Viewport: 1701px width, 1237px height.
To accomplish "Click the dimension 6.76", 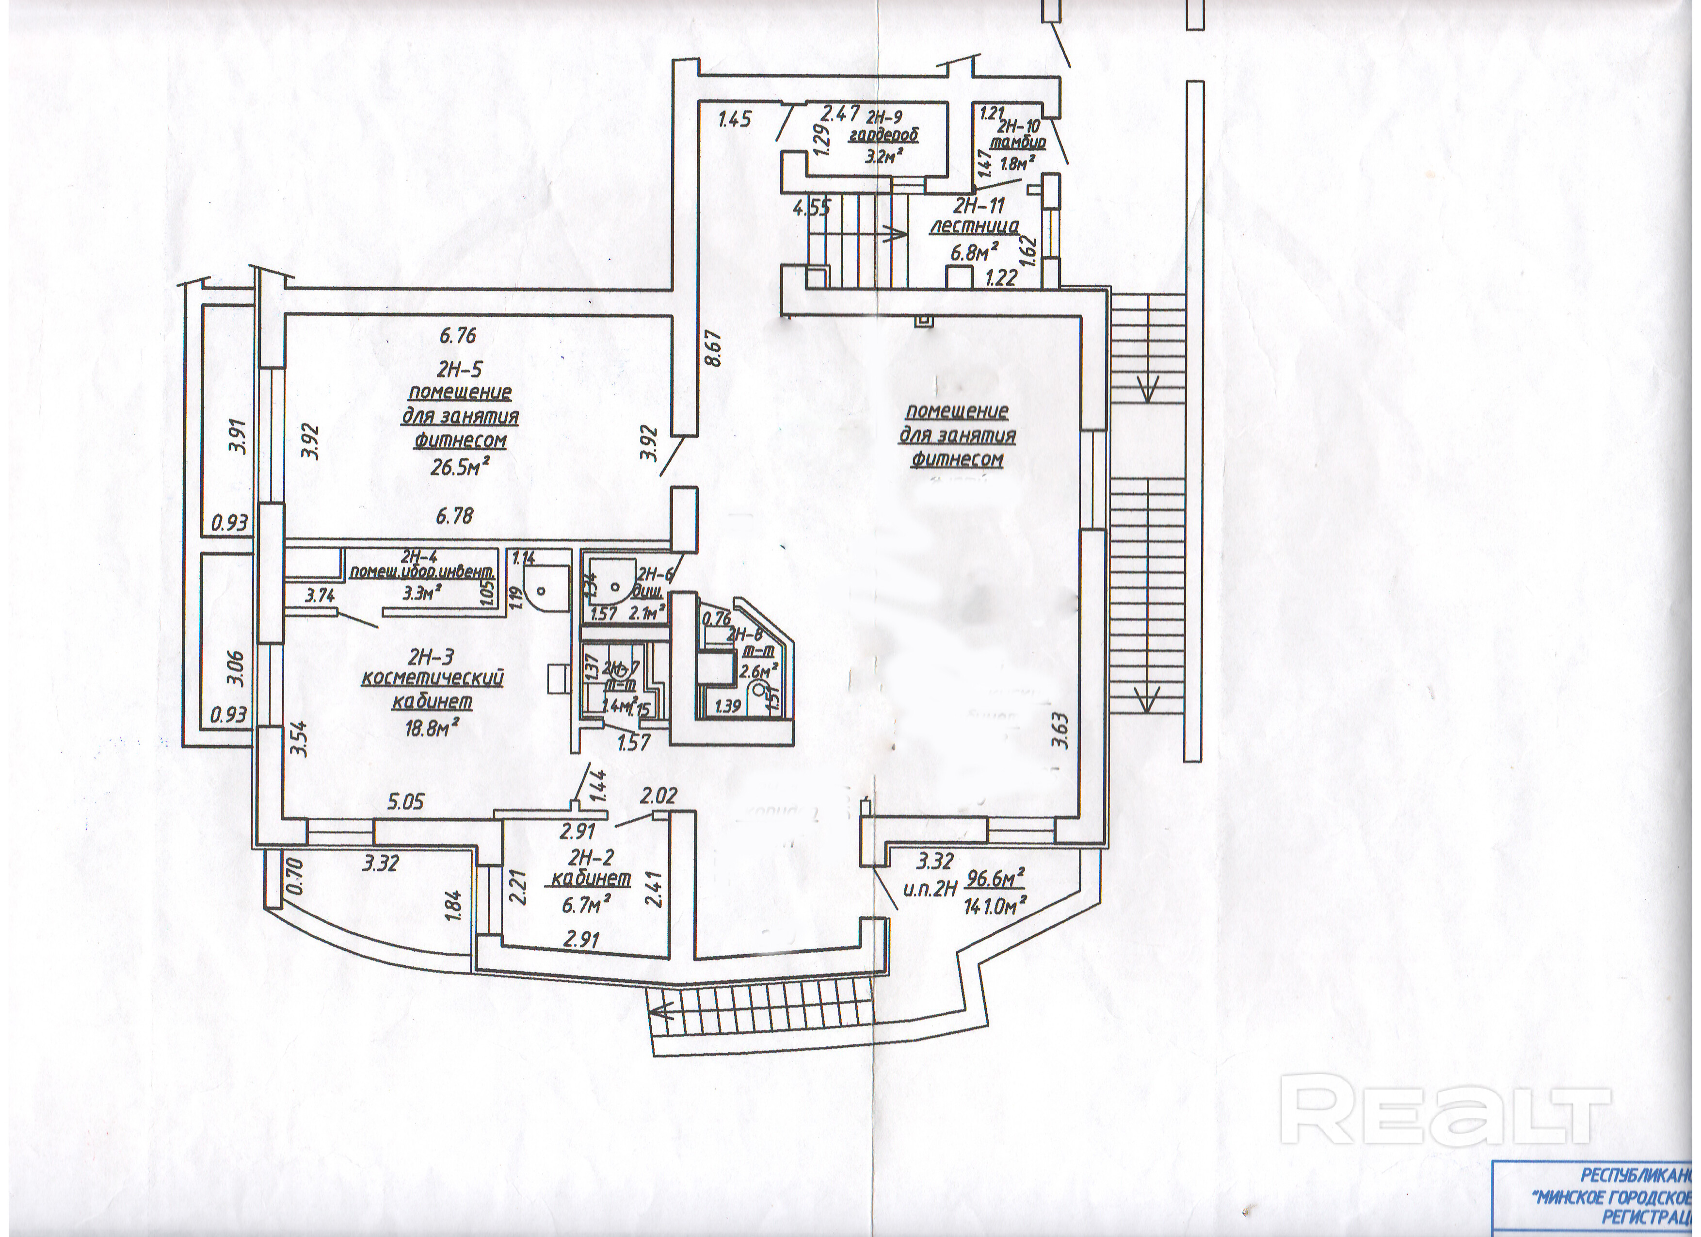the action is (x=458, y=335).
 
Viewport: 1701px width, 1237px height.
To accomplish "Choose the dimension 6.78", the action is (x=454, y=516).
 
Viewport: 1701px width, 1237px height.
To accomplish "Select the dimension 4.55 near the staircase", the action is (x=812, y=208).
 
